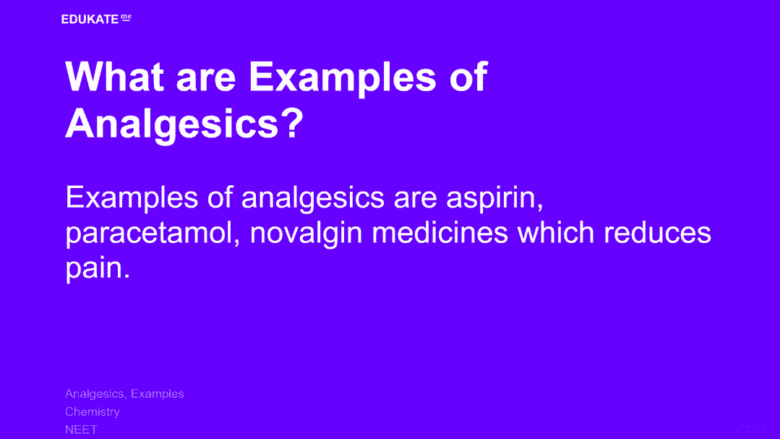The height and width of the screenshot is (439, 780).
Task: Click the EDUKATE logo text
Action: [90, 20]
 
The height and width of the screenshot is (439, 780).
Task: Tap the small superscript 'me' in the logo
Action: [127, 17]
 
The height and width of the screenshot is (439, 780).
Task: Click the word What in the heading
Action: [115, 77]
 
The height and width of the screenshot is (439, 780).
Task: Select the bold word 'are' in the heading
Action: [206, 80]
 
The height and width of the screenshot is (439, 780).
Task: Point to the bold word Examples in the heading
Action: [342, 78]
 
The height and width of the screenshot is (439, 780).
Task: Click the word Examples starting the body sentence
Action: [132, 198]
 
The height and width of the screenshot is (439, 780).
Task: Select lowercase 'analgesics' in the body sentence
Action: [313, 198]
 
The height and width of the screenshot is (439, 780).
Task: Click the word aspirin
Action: [494, 198]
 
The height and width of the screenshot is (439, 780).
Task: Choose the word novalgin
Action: [306, 233]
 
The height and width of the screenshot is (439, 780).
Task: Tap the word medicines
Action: [440, 232]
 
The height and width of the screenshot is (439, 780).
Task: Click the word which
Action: [556, 232]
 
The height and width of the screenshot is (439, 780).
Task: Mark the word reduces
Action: [658, 232]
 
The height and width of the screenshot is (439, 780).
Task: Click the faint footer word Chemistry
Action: [93, 412]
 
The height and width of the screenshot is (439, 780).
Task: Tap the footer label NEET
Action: [81, 430]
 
